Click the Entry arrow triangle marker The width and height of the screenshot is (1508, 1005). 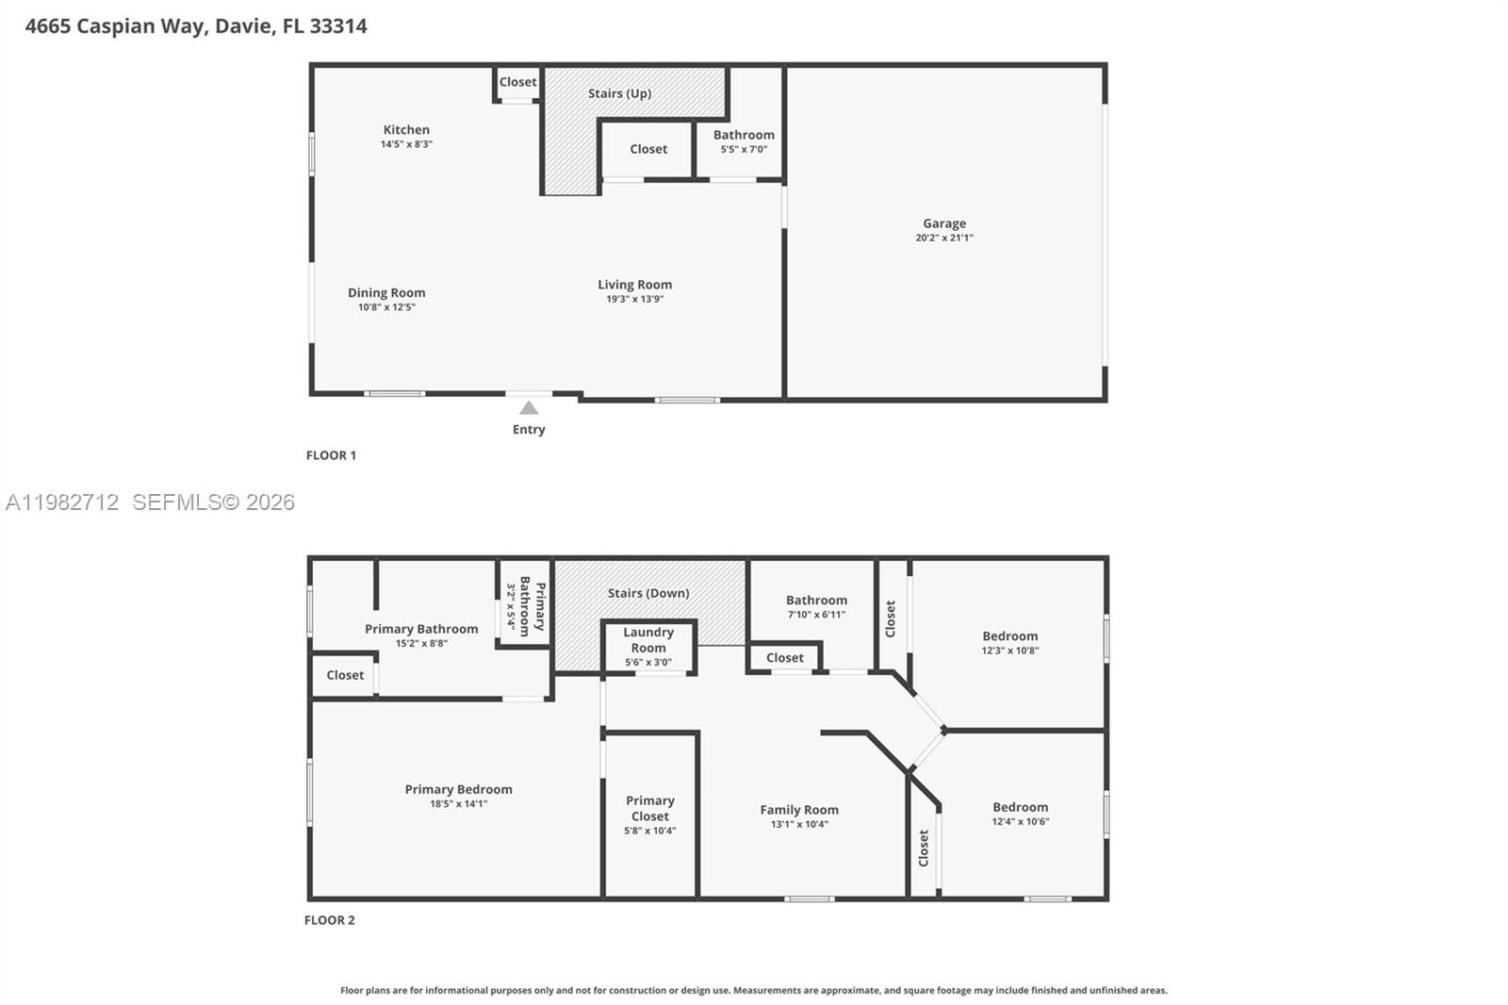(529, 408)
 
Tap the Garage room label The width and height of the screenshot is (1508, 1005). (944, 223)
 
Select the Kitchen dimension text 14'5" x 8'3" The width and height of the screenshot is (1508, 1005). (406, 144)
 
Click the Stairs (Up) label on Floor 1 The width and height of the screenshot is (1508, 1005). (619, 93)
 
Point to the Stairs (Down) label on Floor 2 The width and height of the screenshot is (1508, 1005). (648, 593)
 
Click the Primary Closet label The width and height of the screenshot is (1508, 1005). (650, 808)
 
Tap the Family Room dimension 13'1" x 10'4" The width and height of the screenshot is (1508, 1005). (799, 824)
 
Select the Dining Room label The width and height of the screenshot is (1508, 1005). (386, 292)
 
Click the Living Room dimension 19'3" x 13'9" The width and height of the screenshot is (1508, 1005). (635, 299)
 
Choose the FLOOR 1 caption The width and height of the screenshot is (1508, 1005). (331, 455)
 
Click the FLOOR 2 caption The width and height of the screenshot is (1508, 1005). (330, 920)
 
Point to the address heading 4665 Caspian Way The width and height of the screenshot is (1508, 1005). (196, 26)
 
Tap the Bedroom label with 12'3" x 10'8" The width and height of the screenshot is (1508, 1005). (1010, 636)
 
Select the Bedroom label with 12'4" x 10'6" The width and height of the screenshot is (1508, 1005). (1020, 807)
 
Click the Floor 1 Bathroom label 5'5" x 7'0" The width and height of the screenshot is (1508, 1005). (744, 135)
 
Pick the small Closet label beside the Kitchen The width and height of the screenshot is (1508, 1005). (517, 82)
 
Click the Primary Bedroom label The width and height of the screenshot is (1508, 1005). (459, 789)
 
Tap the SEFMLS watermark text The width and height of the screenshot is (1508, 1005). (213, 502)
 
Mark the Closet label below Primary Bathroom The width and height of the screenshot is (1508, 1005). (345, 675)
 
